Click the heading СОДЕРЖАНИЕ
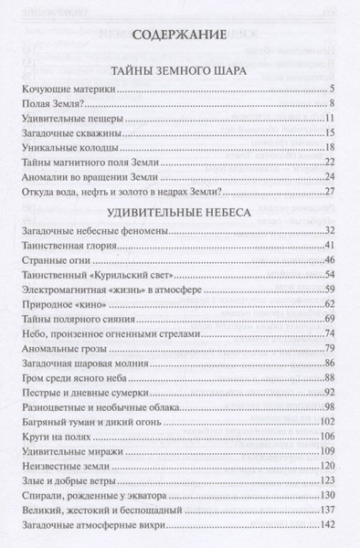point(178,37)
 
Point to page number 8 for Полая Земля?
point(335,105)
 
